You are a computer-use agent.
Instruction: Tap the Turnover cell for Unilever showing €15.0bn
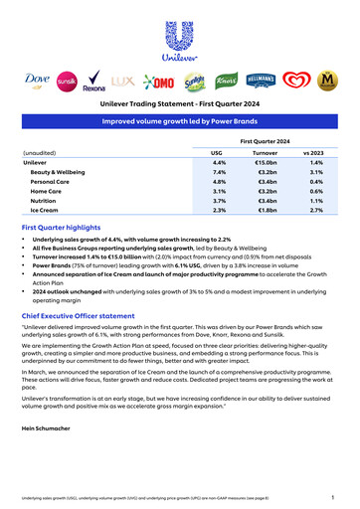(x=266, y=162)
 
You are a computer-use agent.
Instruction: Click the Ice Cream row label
(x=46, y=211)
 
